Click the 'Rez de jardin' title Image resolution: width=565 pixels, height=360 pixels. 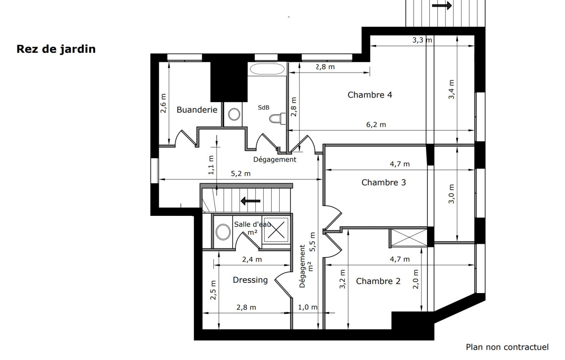click(56, 49)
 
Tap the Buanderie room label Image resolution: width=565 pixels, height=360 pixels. click(197, 110)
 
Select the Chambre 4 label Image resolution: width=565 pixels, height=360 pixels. click(370, 95)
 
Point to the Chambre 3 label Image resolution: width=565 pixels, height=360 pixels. click(384, 182)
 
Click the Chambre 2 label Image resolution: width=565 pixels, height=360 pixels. click(378, 281)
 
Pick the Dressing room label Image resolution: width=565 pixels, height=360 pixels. click(250, 280)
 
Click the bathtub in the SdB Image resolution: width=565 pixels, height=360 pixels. click(267, 69)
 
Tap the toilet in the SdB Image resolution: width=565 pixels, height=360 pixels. click(277, 118)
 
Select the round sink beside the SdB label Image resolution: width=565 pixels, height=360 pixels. click(234, 114)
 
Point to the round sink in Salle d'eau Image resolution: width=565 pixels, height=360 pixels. click(223, 232)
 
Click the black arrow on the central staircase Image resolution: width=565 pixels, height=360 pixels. click(250, 201)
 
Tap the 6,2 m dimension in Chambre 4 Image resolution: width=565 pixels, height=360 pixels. click(376, 125)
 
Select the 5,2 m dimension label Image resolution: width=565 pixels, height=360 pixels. click(241, 174)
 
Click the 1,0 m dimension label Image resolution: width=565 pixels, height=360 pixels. click(307, 307)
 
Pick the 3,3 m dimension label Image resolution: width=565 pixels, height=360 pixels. click(422, 40)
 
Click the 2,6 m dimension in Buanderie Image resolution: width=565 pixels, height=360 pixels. click(163, 103)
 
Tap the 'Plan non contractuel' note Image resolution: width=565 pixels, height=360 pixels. click(507, 347)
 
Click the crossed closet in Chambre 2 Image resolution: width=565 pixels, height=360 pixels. click(409, 237)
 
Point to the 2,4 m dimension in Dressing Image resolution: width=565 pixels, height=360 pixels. click(252, 260)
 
